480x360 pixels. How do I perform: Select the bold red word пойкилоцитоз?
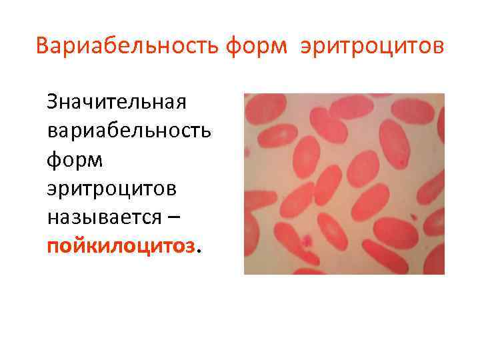(122, 246)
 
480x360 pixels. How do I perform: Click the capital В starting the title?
(43, 47)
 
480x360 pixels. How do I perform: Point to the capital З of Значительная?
(52, 103)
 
